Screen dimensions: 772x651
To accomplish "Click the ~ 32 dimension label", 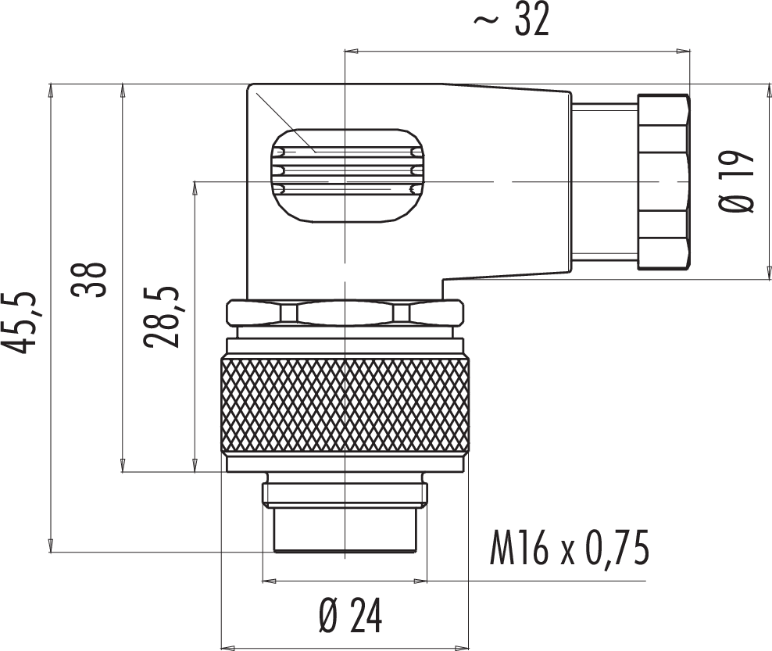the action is pos(510,21).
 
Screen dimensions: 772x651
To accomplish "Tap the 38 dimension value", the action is pos(89,279).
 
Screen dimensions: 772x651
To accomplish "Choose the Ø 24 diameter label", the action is pos(350,616).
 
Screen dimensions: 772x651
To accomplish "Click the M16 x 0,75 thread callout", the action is pos(570,548).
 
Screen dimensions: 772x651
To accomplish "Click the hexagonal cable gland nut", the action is pos(663,182).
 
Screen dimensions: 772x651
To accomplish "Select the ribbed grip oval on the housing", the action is pos(347,176).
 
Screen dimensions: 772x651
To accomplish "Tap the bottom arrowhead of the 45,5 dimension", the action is pos(52,545).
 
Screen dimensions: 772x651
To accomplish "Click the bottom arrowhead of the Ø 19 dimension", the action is pos(769,274).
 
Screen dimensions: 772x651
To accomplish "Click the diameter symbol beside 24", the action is pos(328,616).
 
